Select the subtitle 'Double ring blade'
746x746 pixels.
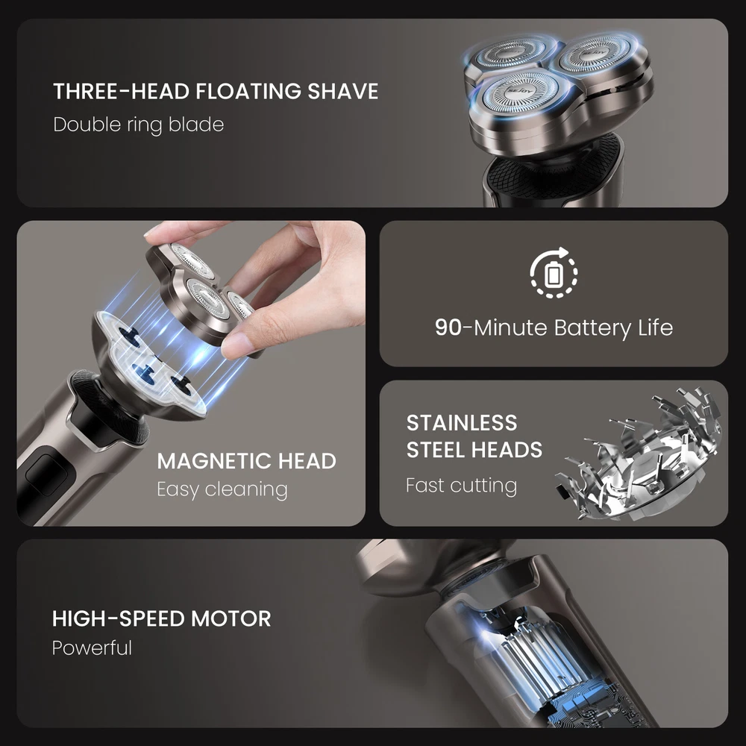pos(139,125)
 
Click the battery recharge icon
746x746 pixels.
pos(554,272)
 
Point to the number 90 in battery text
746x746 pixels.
pos(448,327)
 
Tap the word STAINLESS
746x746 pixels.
pos(462,423)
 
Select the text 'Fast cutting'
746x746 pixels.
pos(462,486)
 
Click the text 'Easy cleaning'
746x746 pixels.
pos(222,489)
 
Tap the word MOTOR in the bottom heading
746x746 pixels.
pos(231,619)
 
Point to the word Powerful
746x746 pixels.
pos(92,648)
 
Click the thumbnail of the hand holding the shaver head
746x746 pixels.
pos(191,373)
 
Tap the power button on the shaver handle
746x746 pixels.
pos(42,477)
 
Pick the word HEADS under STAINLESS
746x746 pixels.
pos(505,450)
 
